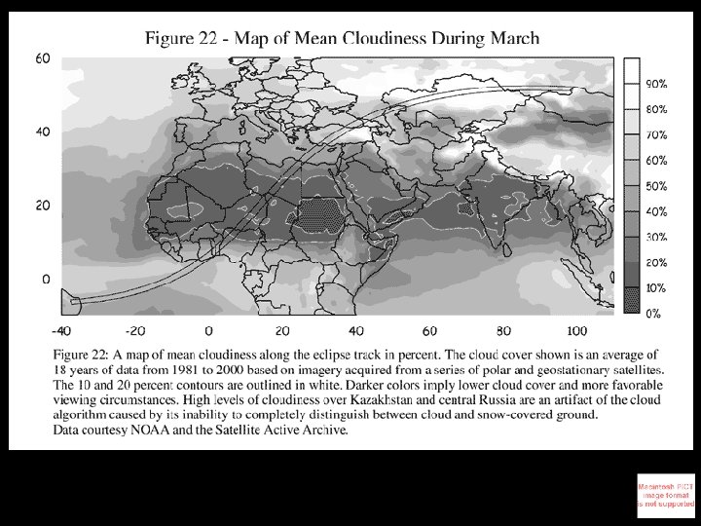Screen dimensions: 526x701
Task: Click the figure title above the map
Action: (342, 38)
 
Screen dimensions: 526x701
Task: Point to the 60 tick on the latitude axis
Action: (43, 58)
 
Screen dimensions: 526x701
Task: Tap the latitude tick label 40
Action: (43, 132)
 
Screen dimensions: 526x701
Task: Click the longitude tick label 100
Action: (576, 330)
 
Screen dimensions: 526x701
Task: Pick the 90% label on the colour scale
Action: (654, 84)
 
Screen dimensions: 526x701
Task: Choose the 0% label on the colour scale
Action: (654, 314)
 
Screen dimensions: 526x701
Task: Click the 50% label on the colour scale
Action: (654, 186)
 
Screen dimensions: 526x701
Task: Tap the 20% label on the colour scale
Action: (654, 263)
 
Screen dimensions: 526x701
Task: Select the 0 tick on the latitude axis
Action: (46, 280)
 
